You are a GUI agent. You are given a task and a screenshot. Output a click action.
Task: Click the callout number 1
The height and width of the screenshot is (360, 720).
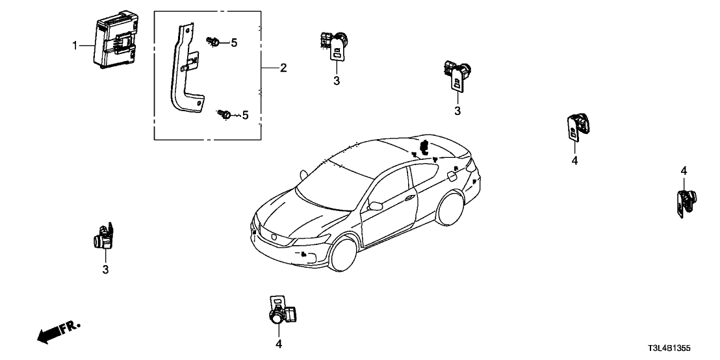click(75, 45)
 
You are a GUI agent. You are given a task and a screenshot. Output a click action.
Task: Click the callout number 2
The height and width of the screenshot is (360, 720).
click(283, 68)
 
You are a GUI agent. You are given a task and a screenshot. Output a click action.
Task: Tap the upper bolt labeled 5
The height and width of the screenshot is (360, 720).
click(212, 42)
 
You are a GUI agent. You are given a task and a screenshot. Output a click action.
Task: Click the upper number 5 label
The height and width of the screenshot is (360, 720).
click(235, 43)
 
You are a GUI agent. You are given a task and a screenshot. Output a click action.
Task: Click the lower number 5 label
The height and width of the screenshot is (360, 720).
click(246, 116)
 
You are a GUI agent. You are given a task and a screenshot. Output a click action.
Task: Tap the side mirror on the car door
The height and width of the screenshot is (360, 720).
click(375, 206)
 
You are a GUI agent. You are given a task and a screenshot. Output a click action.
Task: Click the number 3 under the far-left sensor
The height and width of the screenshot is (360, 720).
click(105, 269)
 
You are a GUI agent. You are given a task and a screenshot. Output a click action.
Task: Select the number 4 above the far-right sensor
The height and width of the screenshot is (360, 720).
click(683, 170)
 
